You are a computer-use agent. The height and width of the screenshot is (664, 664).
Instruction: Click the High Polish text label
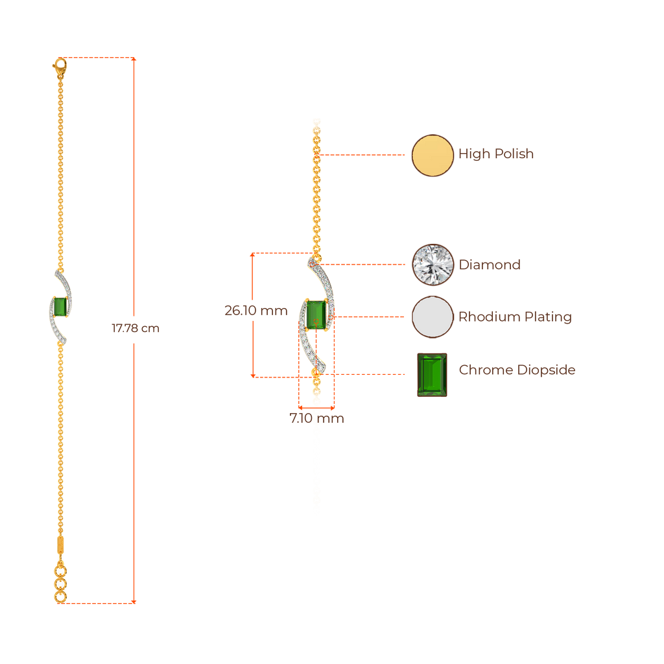(496, 154)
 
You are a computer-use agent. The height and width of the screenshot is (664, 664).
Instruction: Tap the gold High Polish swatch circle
(432, 155)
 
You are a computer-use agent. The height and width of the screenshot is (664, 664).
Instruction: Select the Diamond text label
(490, 265)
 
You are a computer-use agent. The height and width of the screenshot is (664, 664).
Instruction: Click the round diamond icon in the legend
(432, 264)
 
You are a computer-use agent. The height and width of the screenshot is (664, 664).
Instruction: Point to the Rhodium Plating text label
(515, 317)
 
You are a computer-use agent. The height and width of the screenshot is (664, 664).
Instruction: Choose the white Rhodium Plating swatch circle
(432, 317)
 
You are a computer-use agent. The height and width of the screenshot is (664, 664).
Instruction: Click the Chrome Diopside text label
(517, 370)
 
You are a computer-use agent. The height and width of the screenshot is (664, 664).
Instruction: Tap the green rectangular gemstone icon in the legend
(432, 375)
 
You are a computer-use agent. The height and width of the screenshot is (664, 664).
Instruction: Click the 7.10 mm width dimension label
(316, 419)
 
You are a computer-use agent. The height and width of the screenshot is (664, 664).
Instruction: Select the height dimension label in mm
(255, 311)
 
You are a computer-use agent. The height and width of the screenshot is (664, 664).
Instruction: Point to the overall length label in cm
(136, 329)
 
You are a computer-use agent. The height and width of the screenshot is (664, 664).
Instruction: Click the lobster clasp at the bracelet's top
(60, 65)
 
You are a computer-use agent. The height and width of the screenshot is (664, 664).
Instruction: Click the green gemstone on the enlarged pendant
(316, 316)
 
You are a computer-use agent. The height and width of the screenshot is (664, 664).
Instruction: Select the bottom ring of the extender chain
(60, 595)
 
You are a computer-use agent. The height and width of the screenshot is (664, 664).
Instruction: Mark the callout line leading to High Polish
(363, 155)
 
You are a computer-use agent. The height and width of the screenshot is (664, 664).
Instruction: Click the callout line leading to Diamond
(366, 265)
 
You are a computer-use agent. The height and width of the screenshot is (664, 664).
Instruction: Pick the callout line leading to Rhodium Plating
(370, 316)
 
